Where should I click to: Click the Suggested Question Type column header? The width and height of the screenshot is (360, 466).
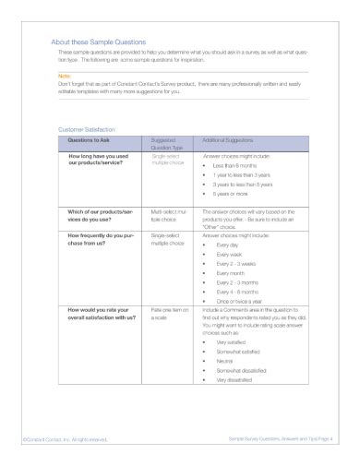click(x=166, y=143)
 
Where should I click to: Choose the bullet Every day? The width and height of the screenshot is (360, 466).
click(x=228, y=245)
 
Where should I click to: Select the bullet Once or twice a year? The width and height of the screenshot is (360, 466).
click(x=239, y=302)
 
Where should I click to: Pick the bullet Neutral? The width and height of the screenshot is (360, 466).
click(x=226, y=361)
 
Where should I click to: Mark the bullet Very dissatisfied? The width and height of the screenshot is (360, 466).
click(x=238, y=379)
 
